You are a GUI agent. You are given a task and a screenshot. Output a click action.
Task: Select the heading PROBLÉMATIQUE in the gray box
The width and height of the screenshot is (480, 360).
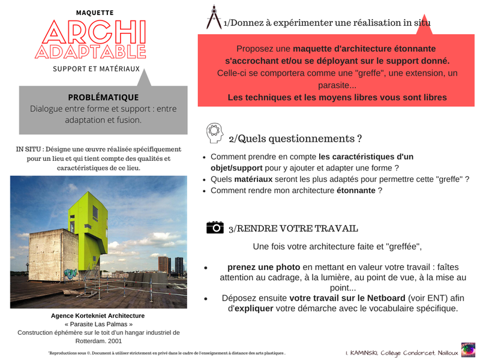pos(103,97)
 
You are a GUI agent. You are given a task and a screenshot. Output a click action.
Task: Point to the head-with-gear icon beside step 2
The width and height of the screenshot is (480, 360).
pos(214,133)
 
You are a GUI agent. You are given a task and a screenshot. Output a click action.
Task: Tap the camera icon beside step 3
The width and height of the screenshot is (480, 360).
pos(215,227)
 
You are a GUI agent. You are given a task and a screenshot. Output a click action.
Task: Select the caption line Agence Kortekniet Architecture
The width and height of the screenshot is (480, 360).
pos(98,316)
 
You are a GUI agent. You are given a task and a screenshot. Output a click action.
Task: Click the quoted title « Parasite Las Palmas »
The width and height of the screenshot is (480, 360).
pos(98,324)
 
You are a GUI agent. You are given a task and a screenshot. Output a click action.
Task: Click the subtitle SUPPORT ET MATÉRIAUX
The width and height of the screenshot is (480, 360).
pos(96,69)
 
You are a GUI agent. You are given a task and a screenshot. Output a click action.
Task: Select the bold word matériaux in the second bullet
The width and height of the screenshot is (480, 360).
pos(253,179)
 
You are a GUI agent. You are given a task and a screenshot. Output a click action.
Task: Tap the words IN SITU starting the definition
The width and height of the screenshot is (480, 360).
pos(29,149)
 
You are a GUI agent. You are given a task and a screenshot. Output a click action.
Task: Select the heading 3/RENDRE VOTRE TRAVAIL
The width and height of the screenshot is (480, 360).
pos(293,228)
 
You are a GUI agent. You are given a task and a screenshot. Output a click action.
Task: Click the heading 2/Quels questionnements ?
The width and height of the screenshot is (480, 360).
pos(295,139)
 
